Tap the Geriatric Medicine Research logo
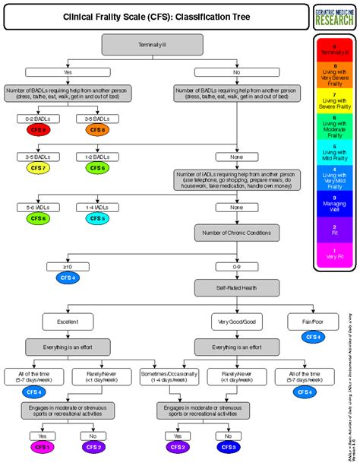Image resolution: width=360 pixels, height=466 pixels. [333, 15]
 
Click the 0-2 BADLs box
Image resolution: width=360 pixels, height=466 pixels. [37, 118]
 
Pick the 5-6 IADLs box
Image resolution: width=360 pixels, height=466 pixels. [37, 207]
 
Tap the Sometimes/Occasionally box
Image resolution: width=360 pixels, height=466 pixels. [164, 375]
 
